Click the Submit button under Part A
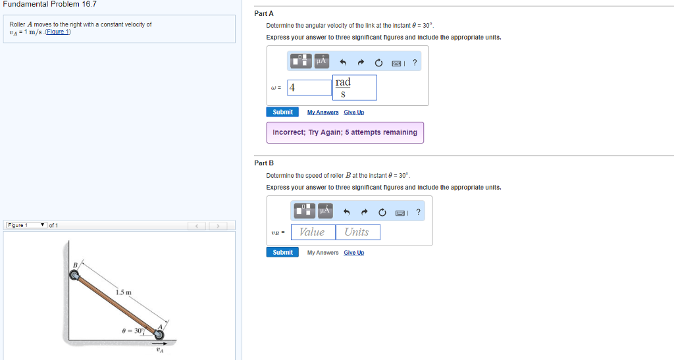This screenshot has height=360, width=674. (282, 112)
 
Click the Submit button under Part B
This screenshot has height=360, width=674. (282, 253)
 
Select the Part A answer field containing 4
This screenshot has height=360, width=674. (309, 88)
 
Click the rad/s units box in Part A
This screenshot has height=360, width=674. (355, 88)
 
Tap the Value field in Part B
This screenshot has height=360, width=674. (313, 232)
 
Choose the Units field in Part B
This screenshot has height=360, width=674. (357, 232)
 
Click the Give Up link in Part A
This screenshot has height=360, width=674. (353, 112)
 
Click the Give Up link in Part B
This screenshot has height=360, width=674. (353, 253)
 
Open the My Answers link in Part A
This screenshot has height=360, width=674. (323, 112)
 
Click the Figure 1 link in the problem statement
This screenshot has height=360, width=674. (58, 32)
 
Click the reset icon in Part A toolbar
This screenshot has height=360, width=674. (378, 63)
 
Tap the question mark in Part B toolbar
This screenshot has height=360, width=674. (418, 212)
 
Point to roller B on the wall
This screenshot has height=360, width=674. (74, 274)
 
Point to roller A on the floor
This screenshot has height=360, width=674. (159, 334)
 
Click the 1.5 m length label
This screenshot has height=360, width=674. (123, 293)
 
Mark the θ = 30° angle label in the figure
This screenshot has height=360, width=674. (132, 331)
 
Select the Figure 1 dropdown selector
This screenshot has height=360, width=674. (26, 225)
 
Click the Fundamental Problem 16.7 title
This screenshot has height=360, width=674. (50, 5)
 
